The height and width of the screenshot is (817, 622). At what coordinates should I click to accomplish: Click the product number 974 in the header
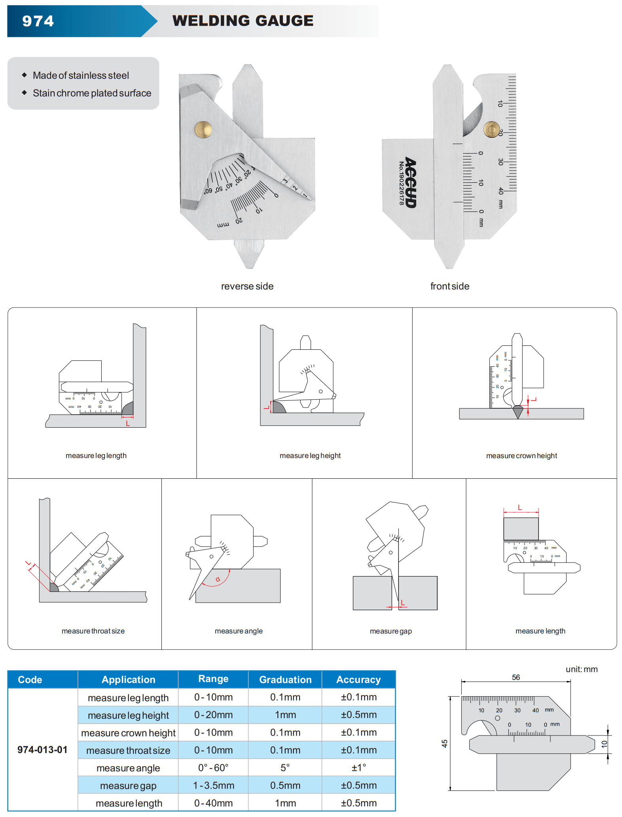(38, 21)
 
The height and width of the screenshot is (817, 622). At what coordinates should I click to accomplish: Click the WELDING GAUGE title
(243, 21)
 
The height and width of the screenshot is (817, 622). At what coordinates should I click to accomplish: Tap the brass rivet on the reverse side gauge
(203, 129)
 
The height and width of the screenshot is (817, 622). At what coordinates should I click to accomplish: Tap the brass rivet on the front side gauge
(492, 129)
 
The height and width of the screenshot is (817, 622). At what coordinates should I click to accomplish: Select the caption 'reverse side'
(247, 286)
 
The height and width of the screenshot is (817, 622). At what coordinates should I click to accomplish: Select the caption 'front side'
(449, 286)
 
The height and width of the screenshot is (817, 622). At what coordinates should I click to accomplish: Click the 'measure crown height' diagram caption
(521, 456)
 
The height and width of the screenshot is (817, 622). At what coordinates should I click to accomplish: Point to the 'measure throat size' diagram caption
(93, 631)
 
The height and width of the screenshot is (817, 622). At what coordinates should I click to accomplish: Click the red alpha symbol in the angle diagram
(218, 580)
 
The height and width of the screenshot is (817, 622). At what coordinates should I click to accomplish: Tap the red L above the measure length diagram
(520, 508)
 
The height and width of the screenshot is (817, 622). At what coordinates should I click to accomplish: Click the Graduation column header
(285, 680)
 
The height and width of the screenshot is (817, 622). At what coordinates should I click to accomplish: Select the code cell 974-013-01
(42, 750)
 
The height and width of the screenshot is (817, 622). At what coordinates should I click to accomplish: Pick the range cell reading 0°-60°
(213, 768)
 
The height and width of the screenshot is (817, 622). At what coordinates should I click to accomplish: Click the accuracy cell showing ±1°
(358, 768)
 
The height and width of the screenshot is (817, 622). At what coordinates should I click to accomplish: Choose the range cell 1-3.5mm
(213, 785)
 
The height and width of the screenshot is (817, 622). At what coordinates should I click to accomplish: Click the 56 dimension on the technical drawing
(516, 677)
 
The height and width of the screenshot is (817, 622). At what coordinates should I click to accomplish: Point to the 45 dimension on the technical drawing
(445, 744)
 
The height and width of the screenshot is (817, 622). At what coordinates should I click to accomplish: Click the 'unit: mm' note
(581, 669)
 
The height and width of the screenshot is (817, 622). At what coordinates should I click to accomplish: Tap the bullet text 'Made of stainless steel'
(81, 76)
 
